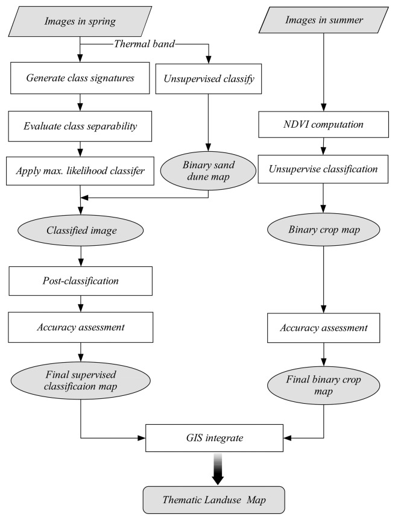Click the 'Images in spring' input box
pyautogui.click(x=81, y=23)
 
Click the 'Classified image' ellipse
pyautogui.click(x=81, y=230)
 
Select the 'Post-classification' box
pyautogui.click(x=81, y=280)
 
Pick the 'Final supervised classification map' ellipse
pyautogui.click(x=81, y=382)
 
